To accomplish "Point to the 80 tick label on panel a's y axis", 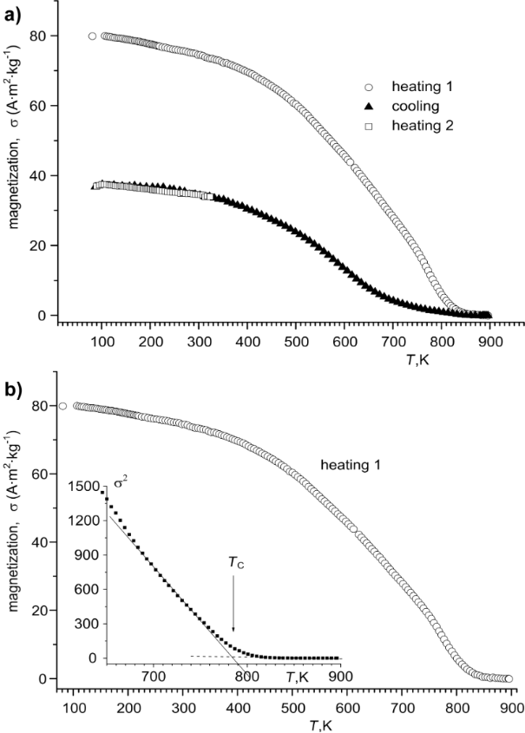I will tap(37, 36).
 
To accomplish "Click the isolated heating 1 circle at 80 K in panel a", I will tap(93, 36).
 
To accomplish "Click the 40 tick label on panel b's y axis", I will tap(37, 542).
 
